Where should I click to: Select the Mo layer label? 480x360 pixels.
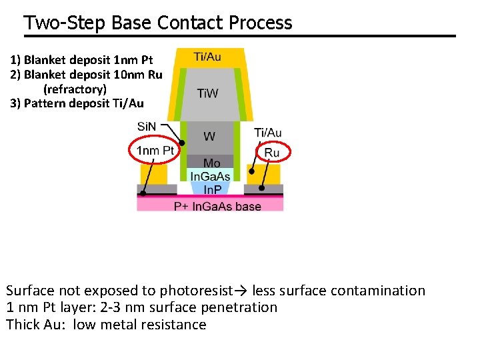tap(211, 163)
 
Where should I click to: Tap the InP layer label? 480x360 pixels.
tap(213, 189)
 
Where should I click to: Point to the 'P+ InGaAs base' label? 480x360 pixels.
tap(217, 207)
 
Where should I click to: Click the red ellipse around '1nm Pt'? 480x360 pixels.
tap(153, 151)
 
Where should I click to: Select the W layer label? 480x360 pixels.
tap(209, 137)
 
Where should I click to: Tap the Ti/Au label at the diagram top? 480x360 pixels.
tap(207, 57)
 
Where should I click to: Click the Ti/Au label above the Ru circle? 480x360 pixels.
tap(268, 133)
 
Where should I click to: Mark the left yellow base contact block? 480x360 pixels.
tap(153, 175)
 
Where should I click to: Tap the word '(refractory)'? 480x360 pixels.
tap(75, 89)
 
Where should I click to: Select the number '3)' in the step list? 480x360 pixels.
tap(16, 103)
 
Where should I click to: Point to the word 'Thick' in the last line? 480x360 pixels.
tap(24, 325)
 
